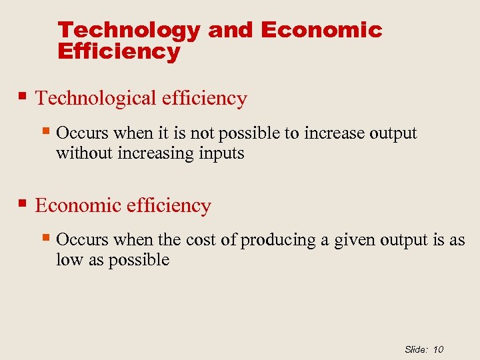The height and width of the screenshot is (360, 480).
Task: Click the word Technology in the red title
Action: pyautogui.click(x=129, y=31)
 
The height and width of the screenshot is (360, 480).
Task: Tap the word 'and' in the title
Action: pyautogui.click(x=231, y=31)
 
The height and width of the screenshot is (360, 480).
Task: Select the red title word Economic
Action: pyautogui.click(x=321, y=31)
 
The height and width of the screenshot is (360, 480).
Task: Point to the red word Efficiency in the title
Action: pyautogui.click(x=119, y=52)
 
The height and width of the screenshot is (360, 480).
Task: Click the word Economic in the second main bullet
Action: pyautogui.click(x=75, y=206)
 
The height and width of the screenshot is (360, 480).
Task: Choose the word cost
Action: pyautogui.click(x=201, y=240)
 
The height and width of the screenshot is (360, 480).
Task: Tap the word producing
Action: pyautogui.click(x=278, y=241)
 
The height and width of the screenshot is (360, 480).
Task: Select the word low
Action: pyautogui.click(x=68, y=260)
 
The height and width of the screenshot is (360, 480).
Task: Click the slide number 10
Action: pyautogui.click(x=438, y=349)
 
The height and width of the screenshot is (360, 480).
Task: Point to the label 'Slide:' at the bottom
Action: pyautogui.click(x=417, y=349)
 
